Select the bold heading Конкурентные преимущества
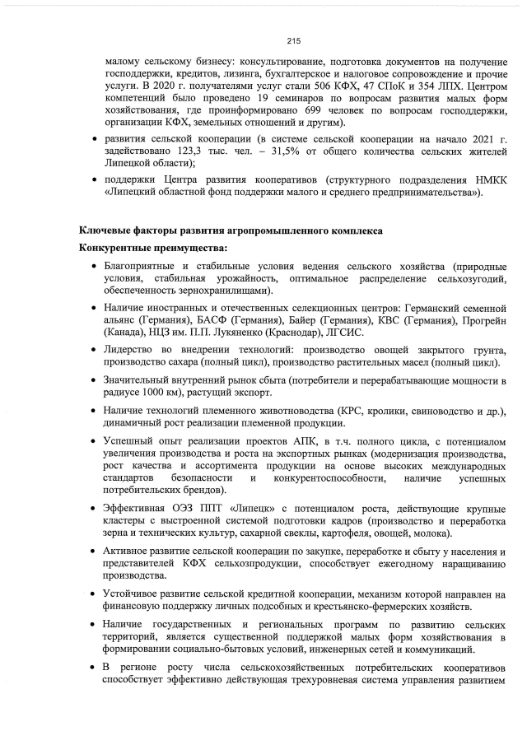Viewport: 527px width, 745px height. [x=152, y=248]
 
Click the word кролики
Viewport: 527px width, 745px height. [x=366, y=411]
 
